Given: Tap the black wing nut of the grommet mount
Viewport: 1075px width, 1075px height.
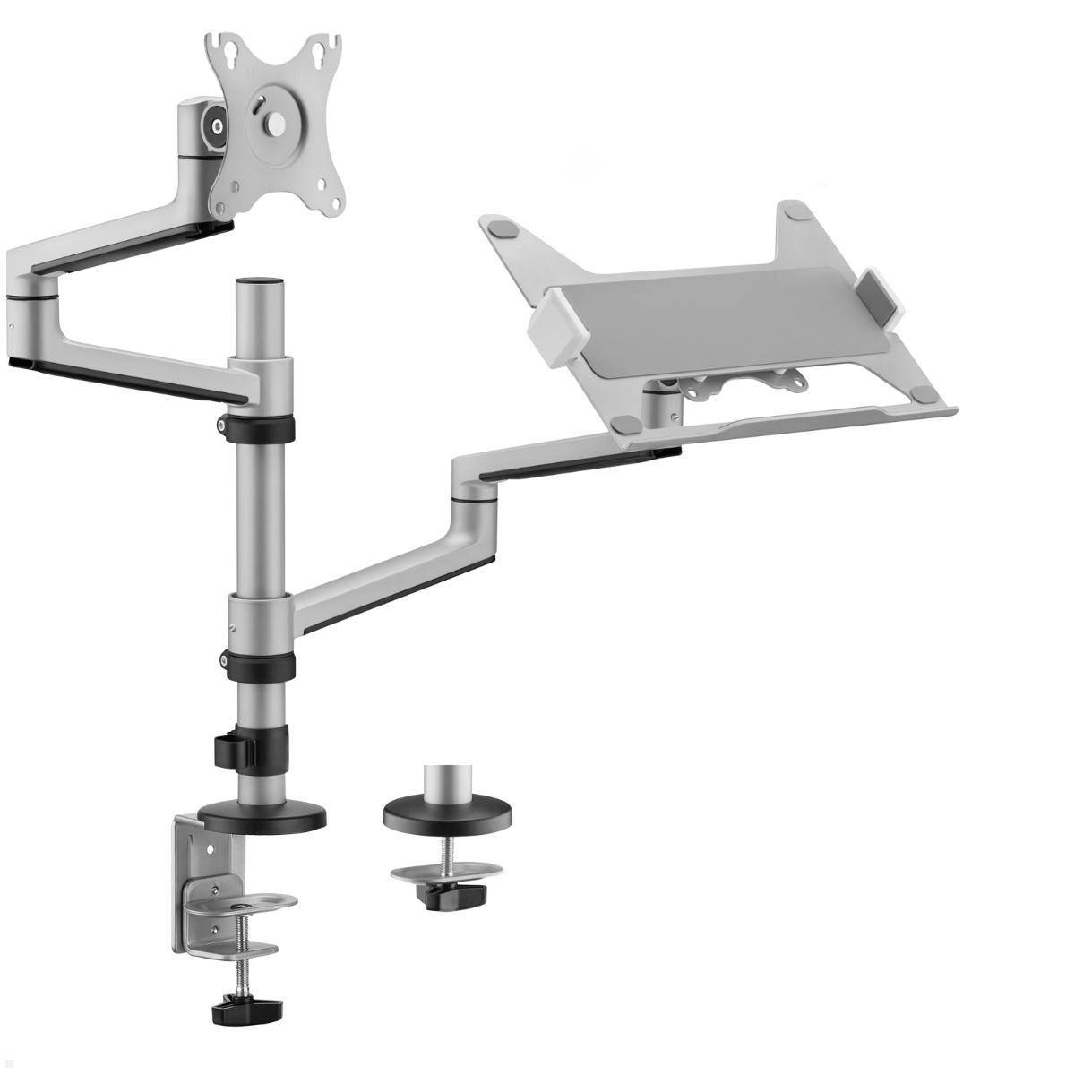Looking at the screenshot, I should point(455,894).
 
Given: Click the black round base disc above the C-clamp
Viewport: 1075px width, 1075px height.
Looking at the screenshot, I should point(261,816).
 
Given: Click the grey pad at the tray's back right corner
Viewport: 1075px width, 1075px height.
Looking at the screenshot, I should point(793,211).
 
